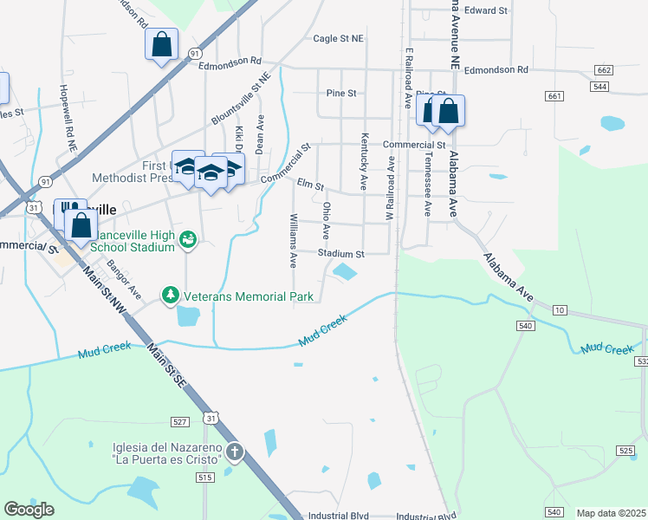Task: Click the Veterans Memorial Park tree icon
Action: pyautogui.click(x=171, y=296)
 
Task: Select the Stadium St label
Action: pyautogui.click(x=340, y=254)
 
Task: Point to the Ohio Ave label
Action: pyautogui.click(x=327, y=220)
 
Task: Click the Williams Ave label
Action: pyautogui.click(x=294, y=240)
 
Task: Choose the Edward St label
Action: pyautogui.click(x=485, y=10)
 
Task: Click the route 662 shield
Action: pyautogui.click(x=604, y=69)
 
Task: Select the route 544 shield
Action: pyautogui.click(x=599, y=87)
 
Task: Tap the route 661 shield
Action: pyautogui.click(x=554, y=96)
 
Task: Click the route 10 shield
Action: pyautogui.click(x=560, y=309)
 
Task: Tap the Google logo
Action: pyautogui.click(x=29, y=510)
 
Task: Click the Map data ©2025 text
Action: pyautogui.click(x=611, y=513)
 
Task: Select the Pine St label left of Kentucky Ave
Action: pyautogui.click(x=342, y=93)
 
